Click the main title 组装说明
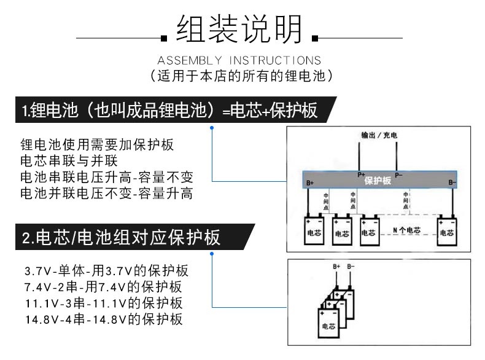coord(239,29)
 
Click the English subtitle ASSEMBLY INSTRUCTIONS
coord(239,60)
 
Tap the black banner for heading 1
coord(176,110)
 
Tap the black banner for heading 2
coord(135,237)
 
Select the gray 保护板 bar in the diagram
coord(379,180)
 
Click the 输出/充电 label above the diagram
coord(379,135)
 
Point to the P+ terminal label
coord(361,174)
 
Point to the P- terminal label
coord(398,175)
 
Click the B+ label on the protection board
coord(310,183)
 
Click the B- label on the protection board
coord(452,182)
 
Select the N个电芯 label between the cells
coord(407,230)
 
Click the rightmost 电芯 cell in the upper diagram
coord(447,232)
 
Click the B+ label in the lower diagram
coord(336,267)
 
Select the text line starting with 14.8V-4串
coord(104,319)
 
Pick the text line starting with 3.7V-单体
coord(106,271)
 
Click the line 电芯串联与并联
coord(69,161)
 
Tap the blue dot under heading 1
coord(212,128)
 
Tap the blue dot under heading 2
coord(212,254)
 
